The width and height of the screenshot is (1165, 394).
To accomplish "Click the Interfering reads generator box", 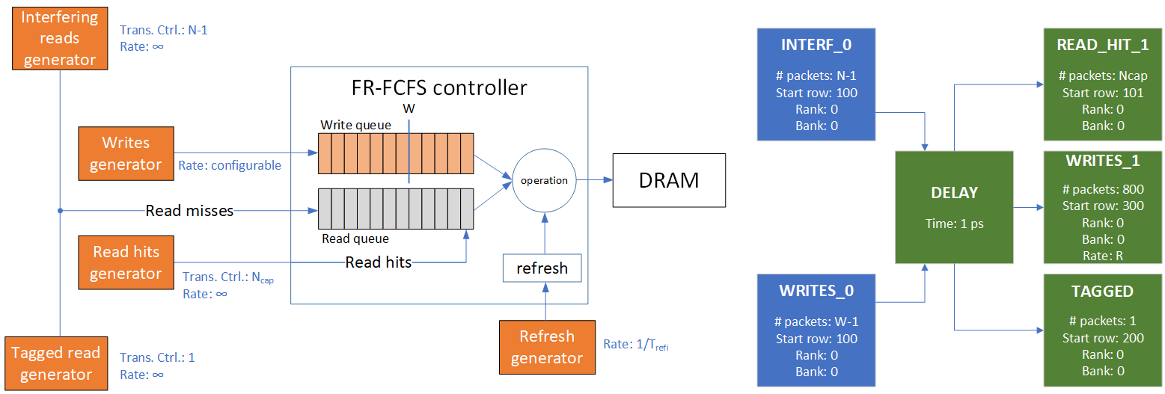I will coord(59,38).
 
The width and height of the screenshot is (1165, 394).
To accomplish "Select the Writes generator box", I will coord(126,153).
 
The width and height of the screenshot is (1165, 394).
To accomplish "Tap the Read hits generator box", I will coord(126,262).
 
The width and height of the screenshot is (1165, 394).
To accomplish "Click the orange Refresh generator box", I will coord(546,347).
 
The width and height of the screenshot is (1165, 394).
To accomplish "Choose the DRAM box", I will coord(669,180).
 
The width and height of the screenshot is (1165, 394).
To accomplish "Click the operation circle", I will coord(544,180).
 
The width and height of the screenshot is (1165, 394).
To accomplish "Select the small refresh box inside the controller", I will coord(542,268).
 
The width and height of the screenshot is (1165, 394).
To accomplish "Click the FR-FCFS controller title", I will coord(439,87).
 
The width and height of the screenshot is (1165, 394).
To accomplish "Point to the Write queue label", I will coord(355,125).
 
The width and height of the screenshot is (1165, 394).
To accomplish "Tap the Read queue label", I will coord(355,239).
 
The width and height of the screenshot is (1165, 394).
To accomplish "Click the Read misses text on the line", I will coord(189,211).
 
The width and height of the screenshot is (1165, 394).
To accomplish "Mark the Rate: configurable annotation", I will coord(230,165).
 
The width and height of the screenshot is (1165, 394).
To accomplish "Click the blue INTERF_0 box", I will coord(816,84).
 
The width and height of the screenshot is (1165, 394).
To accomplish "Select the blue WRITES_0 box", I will coord(816,330).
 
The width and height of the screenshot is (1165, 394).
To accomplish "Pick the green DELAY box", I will coord(954,207).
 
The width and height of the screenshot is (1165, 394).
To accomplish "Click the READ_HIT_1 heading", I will coord(1102,44).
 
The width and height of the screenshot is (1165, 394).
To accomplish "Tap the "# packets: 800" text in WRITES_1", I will coord(1102,190).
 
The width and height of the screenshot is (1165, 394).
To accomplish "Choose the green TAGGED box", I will coord(1102,330).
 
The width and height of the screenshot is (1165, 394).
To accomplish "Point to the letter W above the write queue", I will coord(409,108).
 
